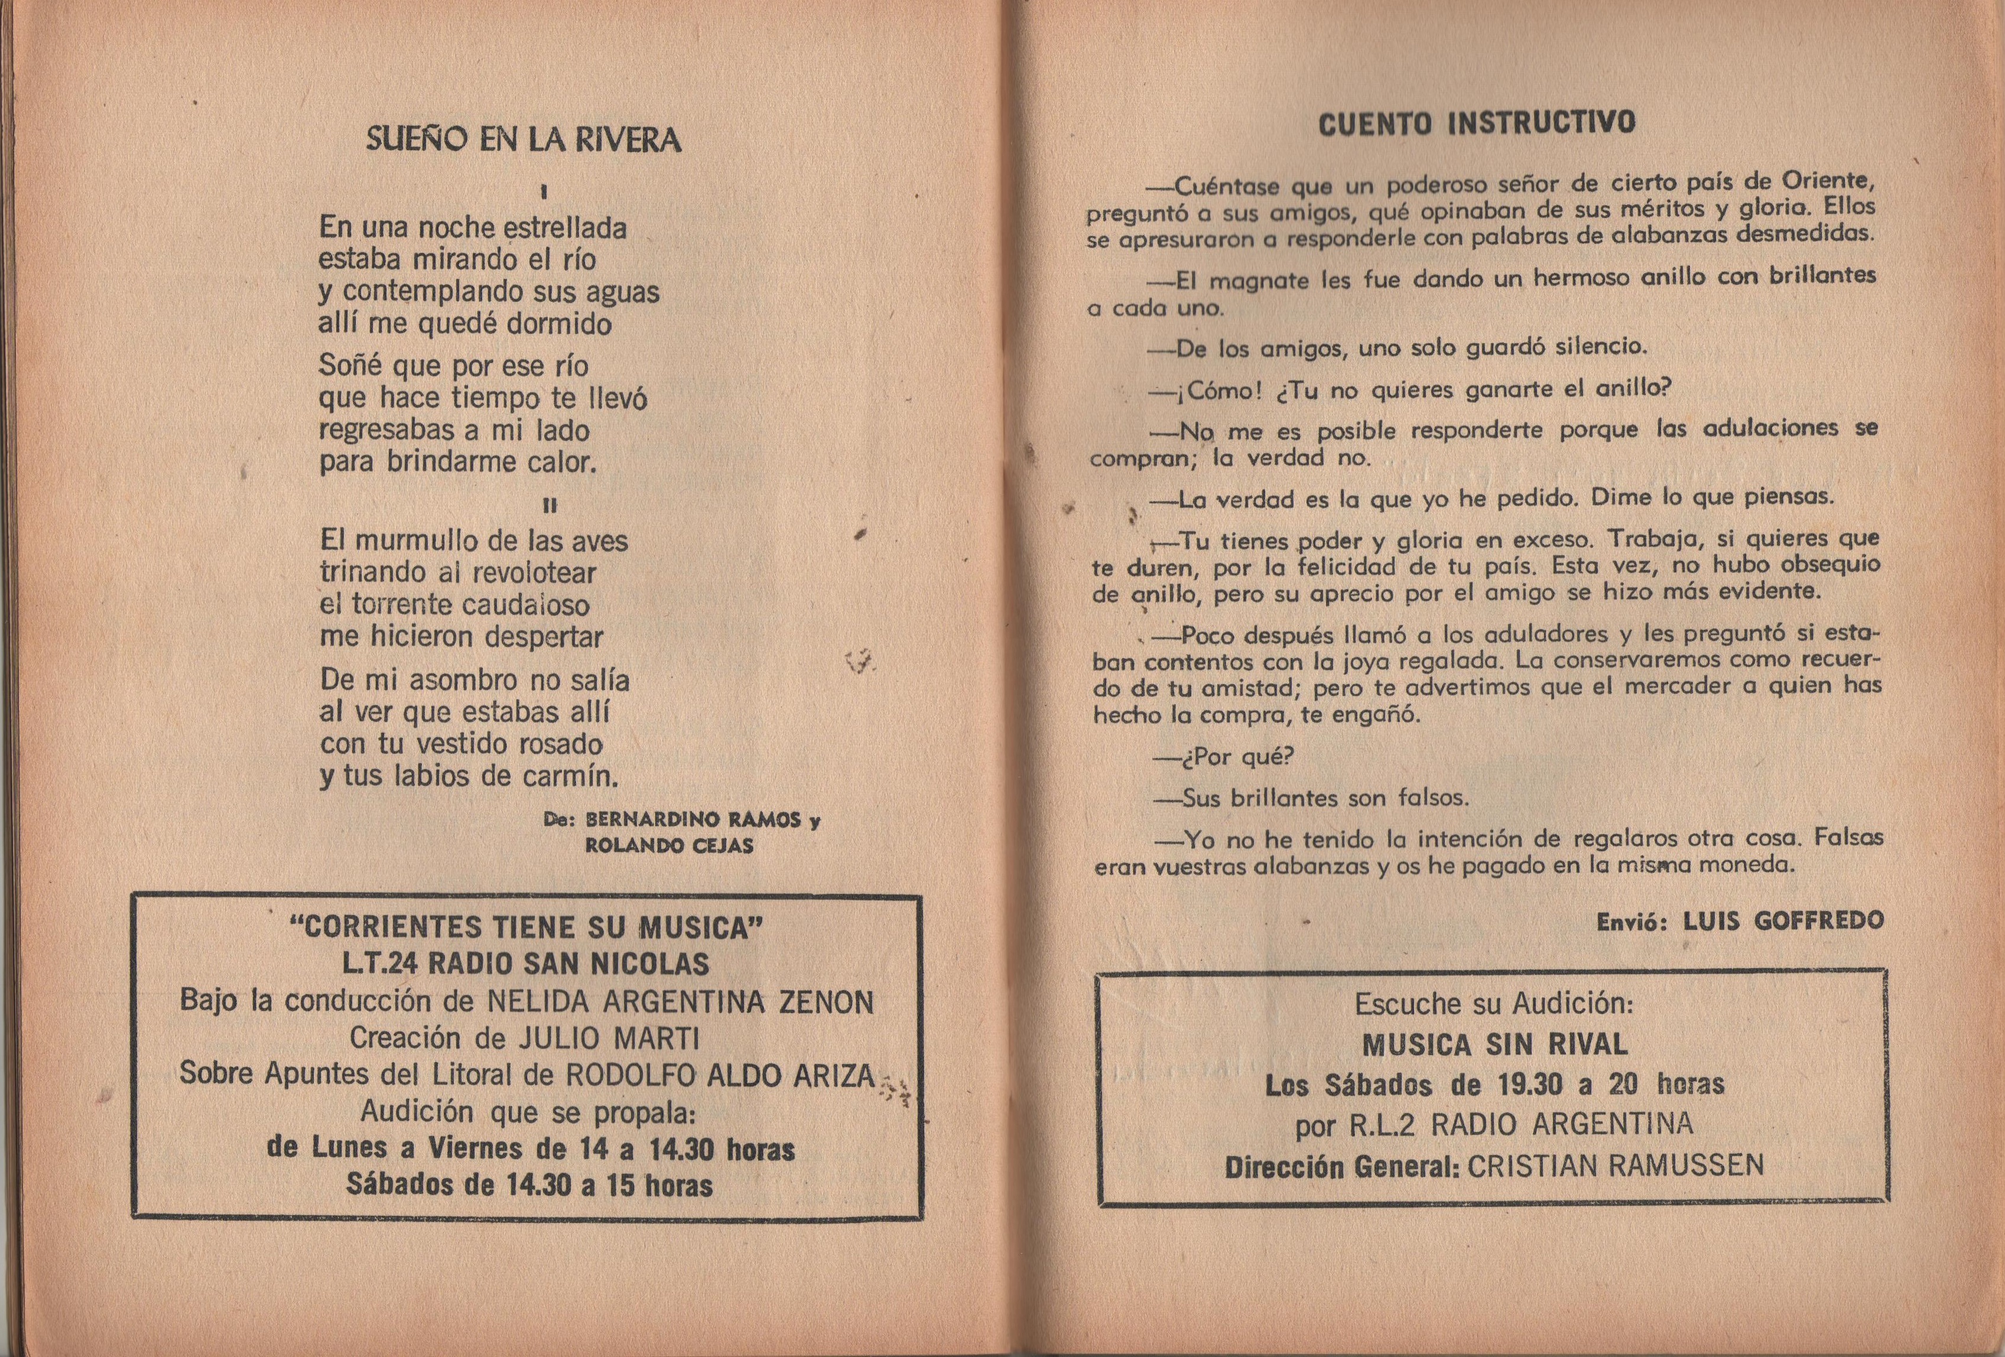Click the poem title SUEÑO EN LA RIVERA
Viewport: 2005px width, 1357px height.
coord(524,140)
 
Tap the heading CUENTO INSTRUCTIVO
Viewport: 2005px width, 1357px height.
coord(1476,124)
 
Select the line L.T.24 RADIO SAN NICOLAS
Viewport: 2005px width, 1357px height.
coord(527,964)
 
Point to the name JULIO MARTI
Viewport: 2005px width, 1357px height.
coord(608,1038)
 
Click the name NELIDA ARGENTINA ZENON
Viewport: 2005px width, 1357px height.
coord(681,1003)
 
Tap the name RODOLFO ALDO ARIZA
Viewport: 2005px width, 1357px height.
coord(720,1075)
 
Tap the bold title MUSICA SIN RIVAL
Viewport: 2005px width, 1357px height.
coord(1494,1044)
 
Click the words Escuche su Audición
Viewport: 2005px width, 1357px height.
coord(1493,1004)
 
